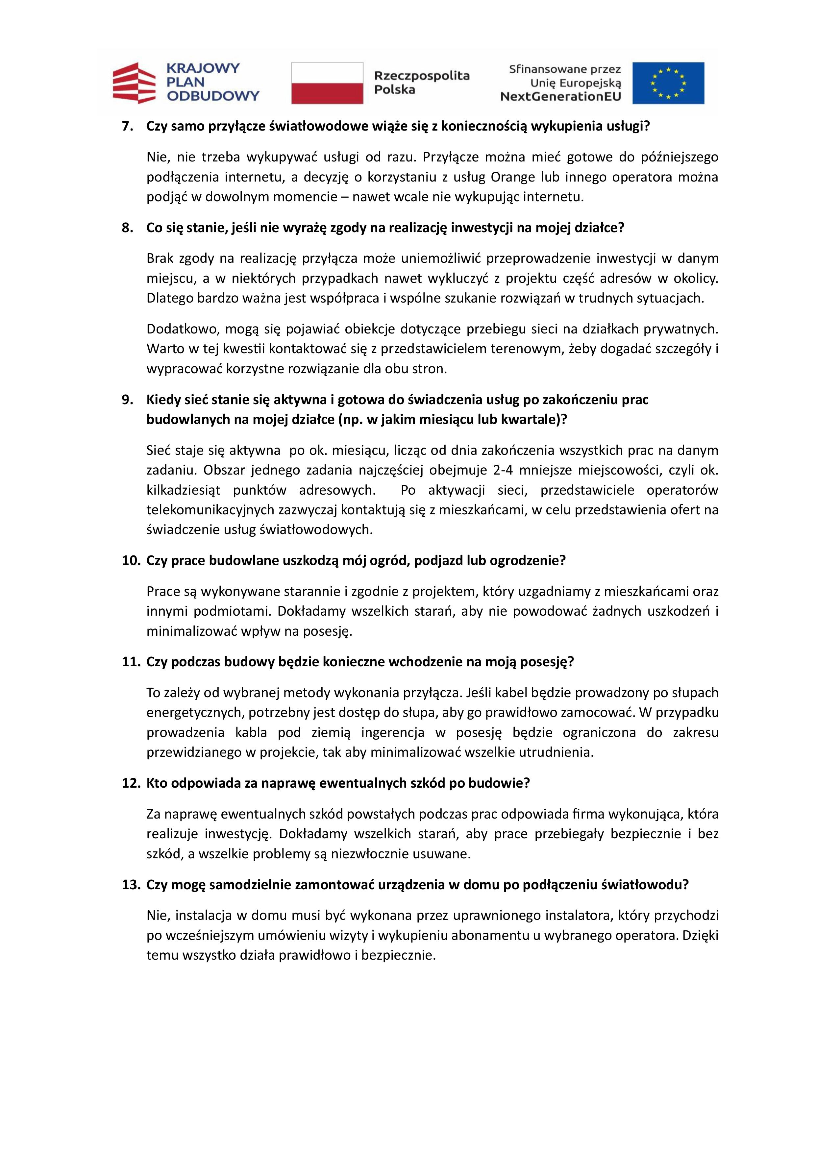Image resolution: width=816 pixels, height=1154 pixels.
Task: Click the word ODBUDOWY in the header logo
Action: click(x=213, y=95)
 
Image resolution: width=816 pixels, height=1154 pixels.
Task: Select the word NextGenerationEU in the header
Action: click(x=560, y=96)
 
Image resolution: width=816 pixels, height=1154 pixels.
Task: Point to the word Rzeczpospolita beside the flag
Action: click(x=421, y=76)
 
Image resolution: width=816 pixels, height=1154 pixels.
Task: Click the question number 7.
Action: click(x=128, y=126)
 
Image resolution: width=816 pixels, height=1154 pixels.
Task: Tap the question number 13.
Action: click(x=130, y=885)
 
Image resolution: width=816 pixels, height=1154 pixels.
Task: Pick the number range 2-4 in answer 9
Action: click(x=505, y=470)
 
